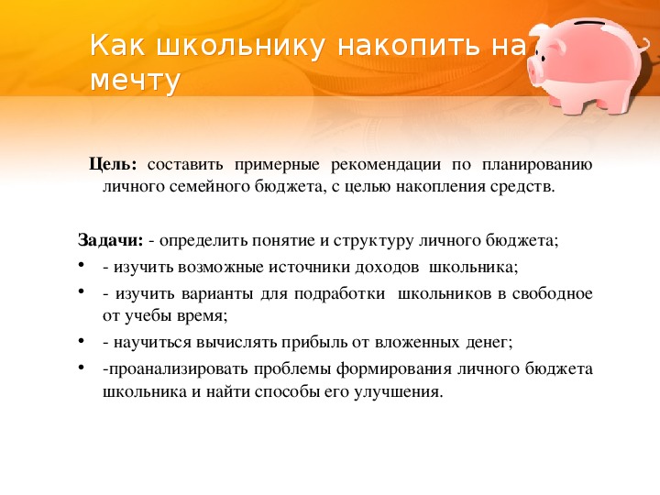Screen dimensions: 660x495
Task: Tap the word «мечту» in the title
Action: click(x=135, y=81)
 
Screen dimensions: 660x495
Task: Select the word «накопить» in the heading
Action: click(x=408, y=46)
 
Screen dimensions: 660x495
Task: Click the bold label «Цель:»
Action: click(x=114, y=164)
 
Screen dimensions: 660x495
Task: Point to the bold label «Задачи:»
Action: click(x=111, y=241)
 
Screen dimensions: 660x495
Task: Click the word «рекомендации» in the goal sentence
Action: click(x=386, y=165)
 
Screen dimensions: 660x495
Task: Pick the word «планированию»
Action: click(x=537, y=165)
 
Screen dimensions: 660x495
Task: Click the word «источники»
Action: click(x=310, y=268)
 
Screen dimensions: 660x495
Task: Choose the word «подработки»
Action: click(x=339, y=294)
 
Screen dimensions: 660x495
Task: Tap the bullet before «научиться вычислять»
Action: click(x=82, y=341)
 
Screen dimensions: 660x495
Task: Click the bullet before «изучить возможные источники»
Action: click(x=82, y=265)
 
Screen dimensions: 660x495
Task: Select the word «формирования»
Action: click(x=393, y=369)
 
